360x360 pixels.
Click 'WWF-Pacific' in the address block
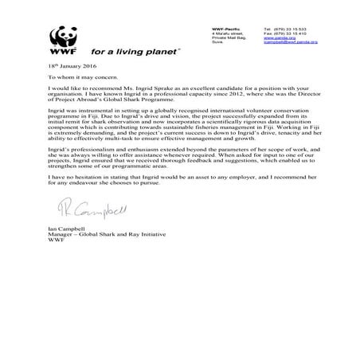[217, 27]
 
